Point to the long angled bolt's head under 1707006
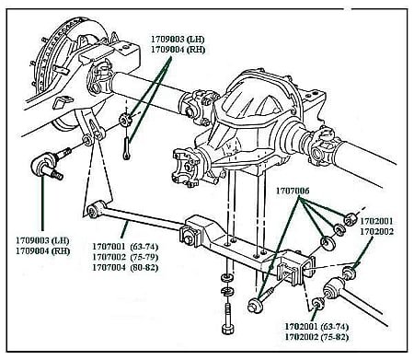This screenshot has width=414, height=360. point(253,305)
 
